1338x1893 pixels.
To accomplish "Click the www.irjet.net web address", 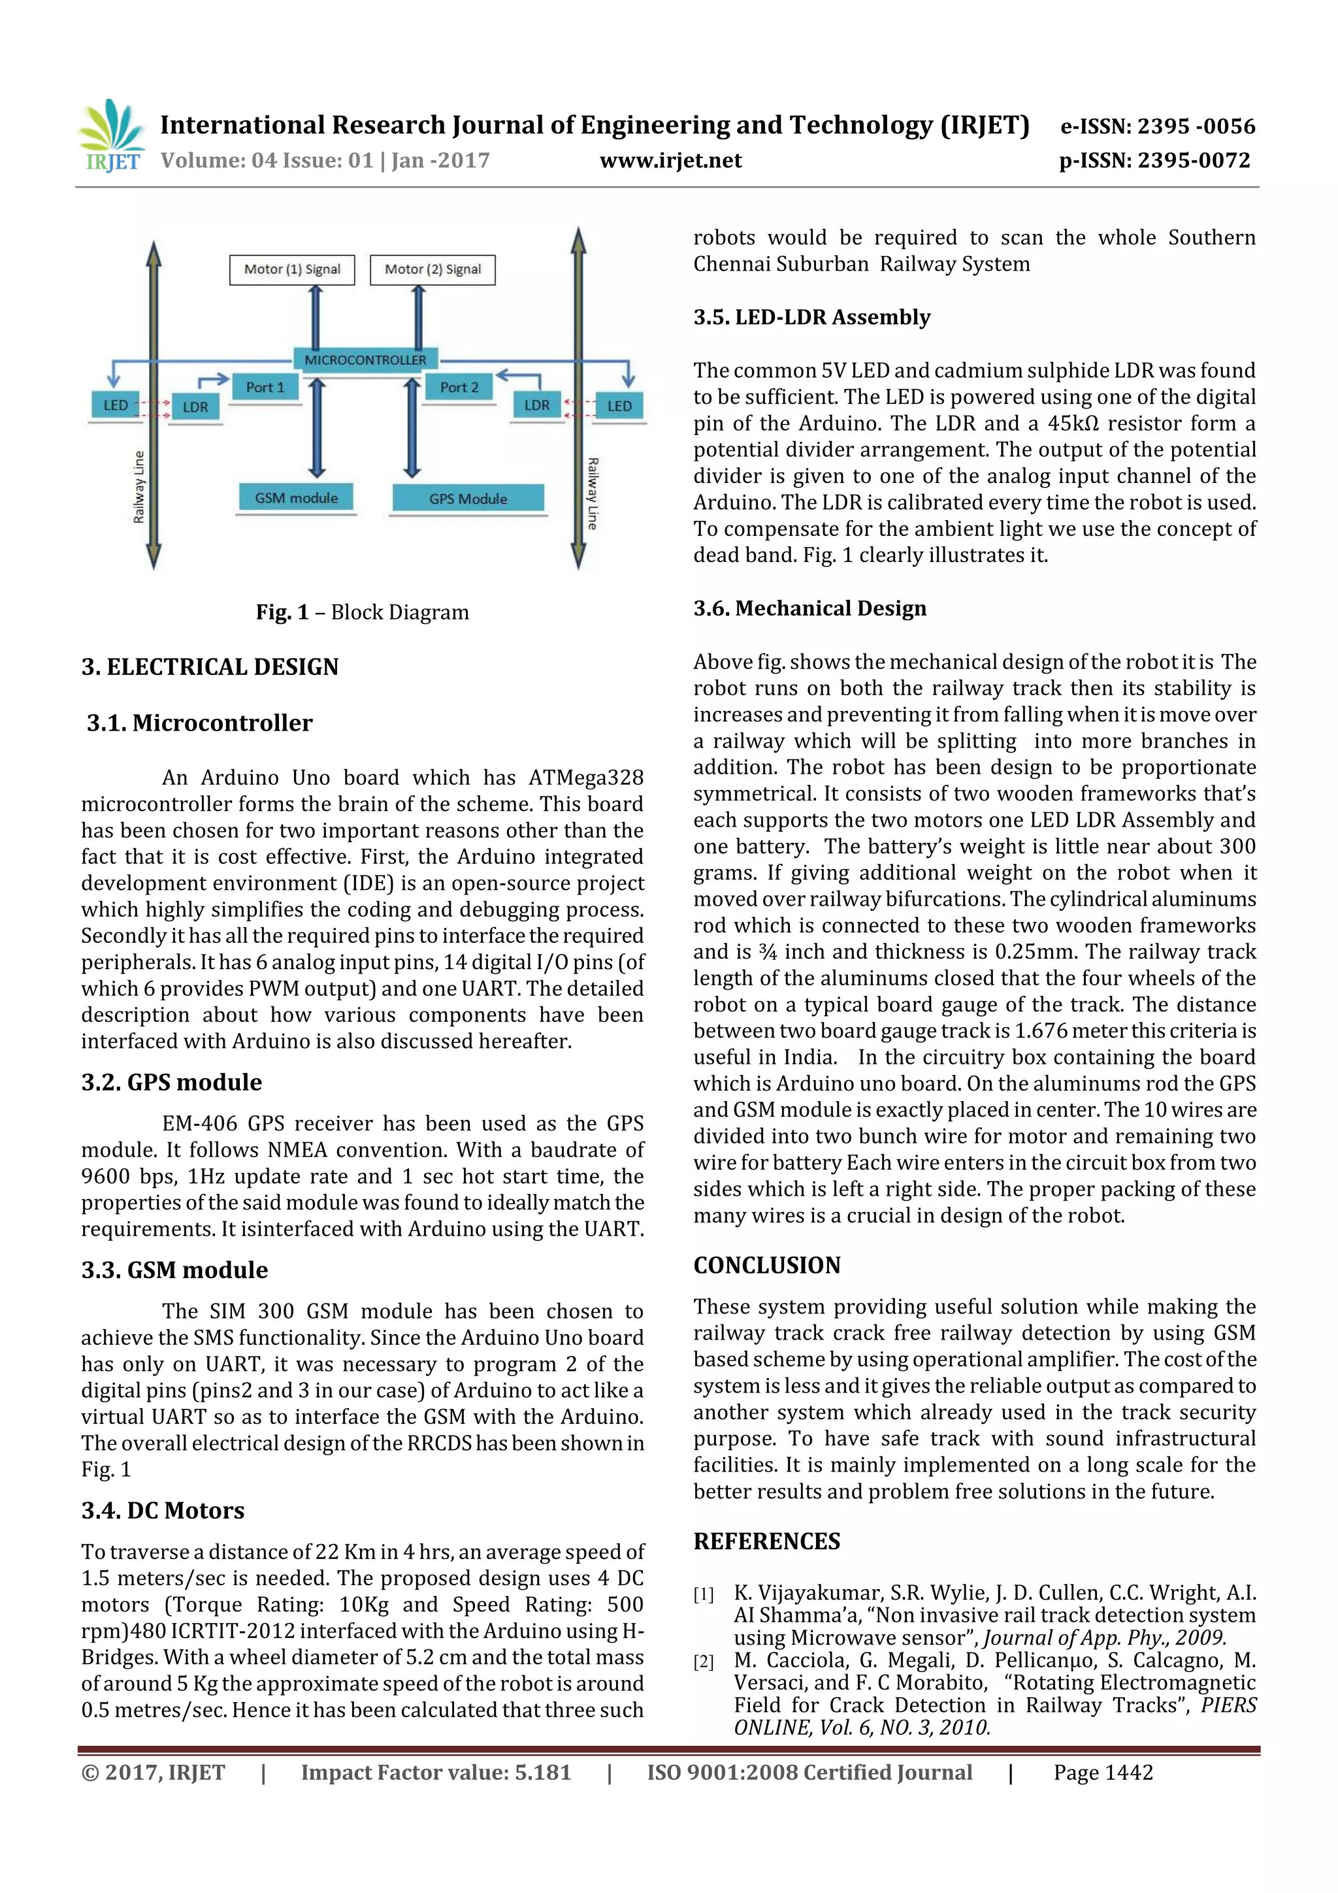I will click(670, 160).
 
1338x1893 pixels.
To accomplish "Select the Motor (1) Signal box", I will click(292, 270).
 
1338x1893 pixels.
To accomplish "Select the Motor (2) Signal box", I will click(432, 270).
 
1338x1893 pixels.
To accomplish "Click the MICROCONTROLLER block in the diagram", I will click(365, 359).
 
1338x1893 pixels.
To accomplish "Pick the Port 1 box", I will click(265, 387).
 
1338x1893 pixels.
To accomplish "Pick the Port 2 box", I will click(459, 387).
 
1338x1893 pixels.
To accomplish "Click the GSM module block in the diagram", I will click(296, 498).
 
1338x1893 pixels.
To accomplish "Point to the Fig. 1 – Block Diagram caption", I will click(362, 612).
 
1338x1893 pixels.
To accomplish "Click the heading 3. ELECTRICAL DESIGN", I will click(210, 667).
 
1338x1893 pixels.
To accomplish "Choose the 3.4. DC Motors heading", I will click(163, 1511).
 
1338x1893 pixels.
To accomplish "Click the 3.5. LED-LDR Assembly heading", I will click(811, 318).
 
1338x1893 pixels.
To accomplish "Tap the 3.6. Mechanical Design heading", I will click(809, 608).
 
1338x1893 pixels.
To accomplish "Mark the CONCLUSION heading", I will click(767, 1266).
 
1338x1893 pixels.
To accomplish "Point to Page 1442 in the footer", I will click(1103, 1773).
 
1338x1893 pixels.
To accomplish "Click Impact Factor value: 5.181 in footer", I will click(435, 1773).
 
